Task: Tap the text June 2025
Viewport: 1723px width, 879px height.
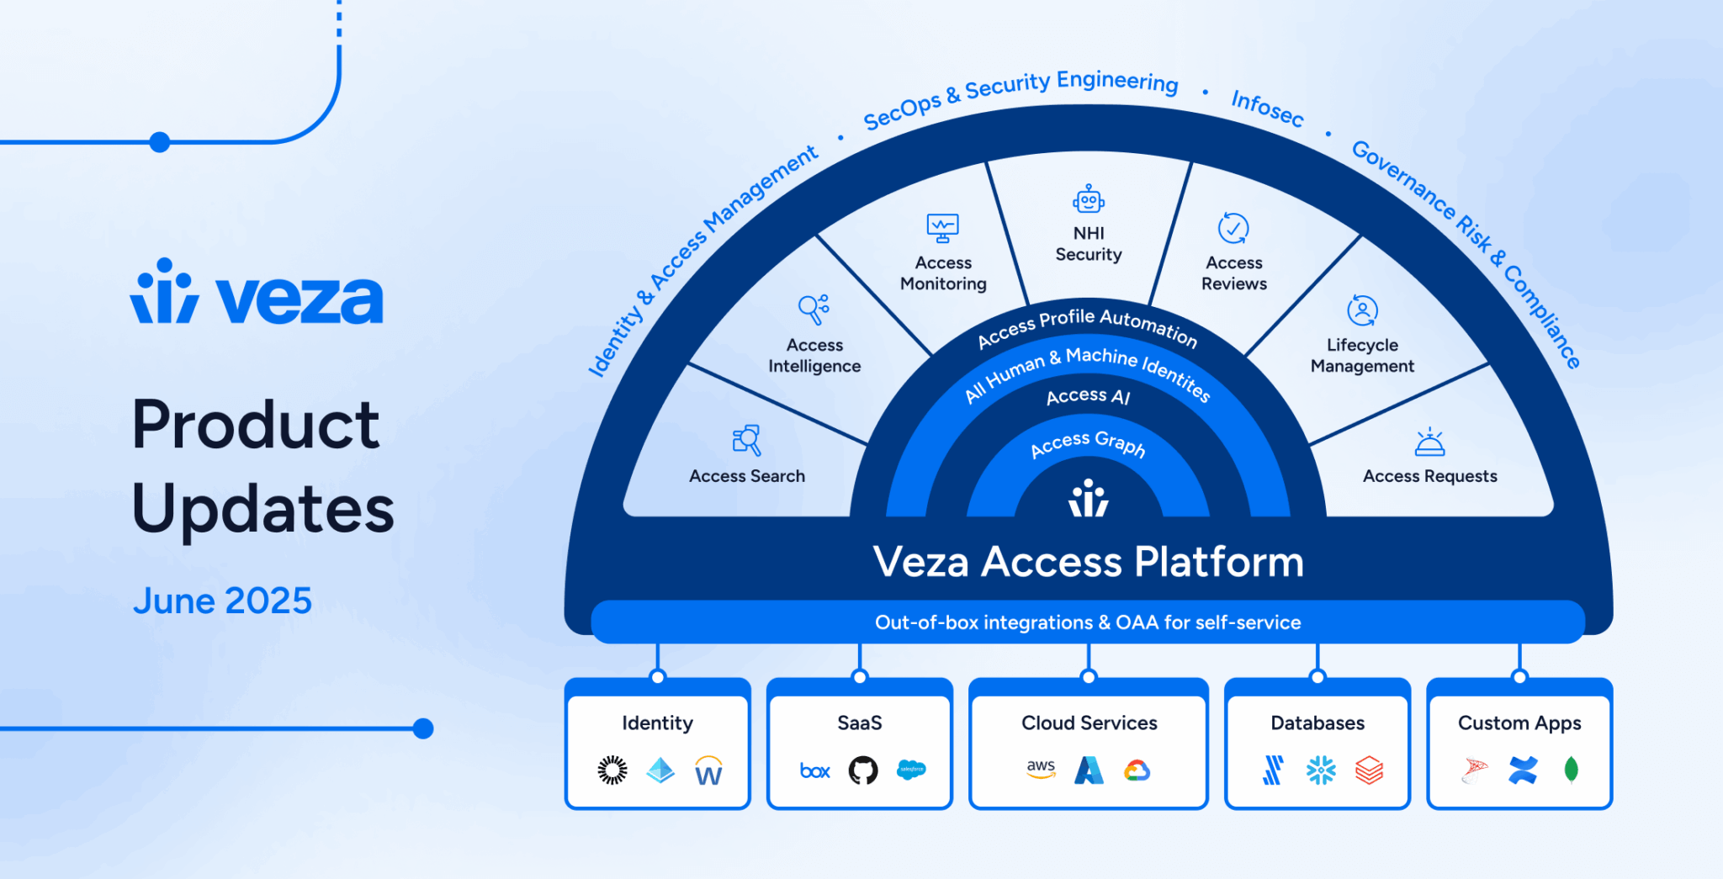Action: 222,601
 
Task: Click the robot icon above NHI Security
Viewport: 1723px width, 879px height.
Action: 1089,200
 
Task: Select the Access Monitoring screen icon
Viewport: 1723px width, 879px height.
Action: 942,228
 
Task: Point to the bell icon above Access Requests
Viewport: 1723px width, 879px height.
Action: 1429,442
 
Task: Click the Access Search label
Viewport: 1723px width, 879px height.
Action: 747,476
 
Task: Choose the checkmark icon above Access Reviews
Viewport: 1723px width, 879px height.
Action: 1233,228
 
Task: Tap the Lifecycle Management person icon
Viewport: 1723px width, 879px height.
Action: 1362,310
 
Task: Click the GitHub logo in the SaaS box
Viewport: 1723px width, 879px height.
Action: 862,770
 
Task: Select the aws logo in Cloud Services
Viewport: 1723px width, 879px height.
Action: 1041,768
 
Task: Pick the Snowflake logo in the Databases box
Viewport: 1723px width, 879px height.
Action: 1321,770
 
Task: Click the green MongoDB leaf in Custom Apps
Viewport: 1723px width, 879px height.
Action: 1571,769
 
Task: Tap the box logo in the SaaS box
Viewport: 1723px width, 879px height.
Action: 814,770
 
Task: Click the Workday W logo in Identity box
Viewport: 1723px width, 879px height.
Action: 708,771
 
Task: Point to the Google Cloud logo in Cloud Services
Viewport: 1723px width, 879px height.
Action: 1137,770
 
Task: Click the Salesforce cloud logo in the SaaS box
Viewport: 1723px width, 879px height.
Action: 911,769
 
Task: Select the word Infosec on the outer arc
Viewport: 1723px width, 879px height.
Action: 1267,109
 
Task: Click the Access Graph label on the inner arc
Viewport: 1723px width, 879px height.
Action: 1088,443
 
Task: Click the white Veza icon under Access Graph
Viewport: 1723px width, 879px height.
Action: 1089,498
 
